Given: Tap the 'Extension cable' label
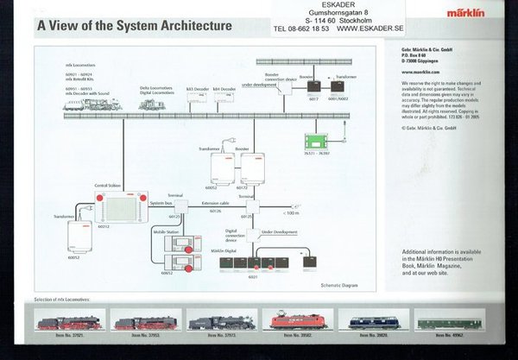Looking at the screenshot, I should [x=217, y=202].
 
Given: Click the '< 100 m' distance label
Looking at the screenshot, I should [x=292, y=211].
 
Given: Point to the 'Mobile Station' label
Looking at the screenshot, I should [x=167, y=232].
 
